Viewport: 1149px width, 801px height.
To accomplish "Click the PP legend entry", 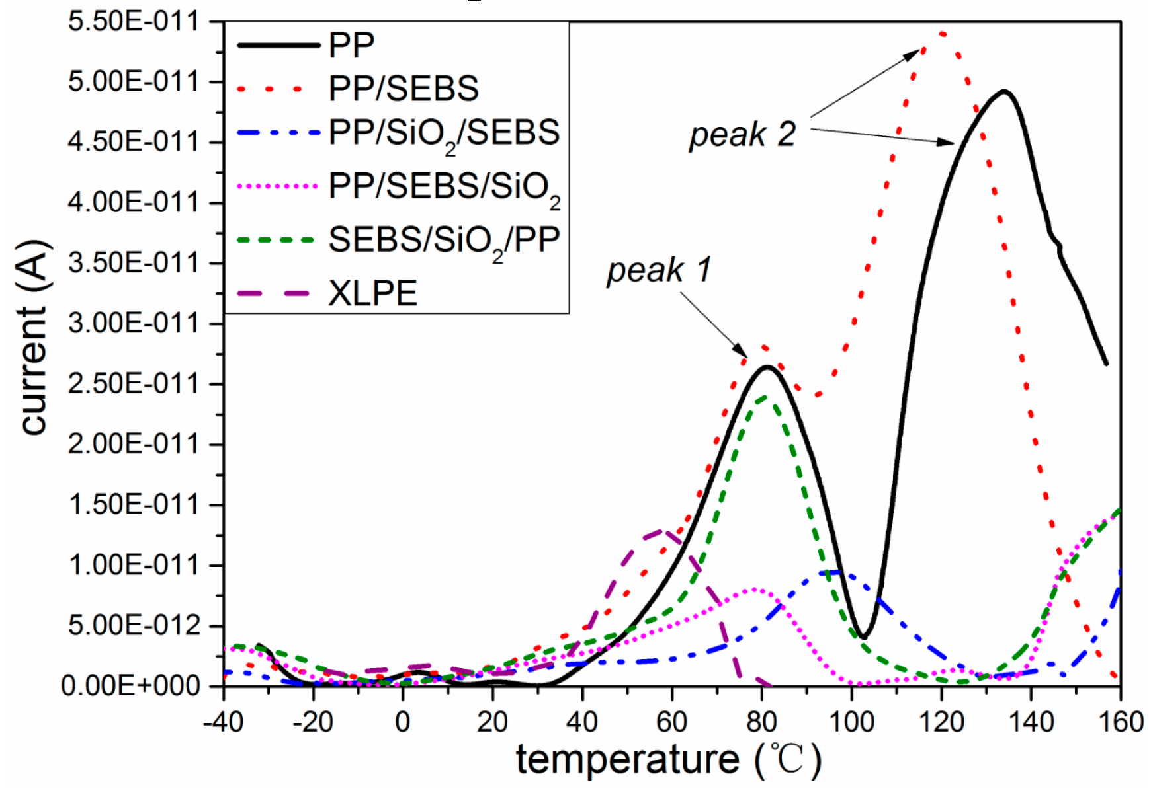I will click(x=351, y=45).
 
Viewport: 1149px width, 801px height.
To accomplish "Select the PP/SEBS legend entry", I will click(x=403, y=89).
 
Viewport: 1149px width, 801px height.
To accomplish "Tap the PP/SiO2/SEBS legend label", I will click(x=444, y=133).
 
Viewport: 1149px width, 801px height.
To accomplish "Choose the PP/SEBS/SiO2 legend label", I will click(x=444, y=186).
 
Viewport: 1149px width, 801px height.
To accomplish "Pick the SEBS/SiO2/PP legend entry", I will click(x=444, y=240).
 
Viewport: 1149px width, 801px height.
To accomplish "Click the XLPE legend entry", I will click(x=372, y=293).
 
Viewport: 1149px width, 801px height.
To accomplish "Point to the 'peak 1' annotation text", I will click(x=659, y=270).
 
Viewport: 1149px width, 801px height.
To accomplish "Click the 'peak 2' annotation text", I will click(x=742, y=135).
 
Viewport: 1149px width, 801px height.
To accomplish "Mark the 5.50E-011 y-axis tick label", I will click(x=133, y=22).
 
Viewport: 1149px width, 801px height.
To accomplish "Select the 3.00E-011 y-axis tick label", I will click(x=133, y=324).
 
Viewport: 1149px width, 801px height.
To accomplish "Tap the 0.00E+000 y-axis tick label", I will click(x=130, y=686).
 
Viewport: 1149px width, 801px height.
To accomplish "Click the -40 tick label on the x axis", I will click(x=223, y=722).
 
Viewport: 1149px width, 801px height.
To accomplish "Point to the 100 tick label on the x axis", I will click(x=851, y=722).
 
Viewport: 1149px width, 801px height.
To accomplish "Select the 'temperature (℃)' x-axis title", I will click(x=668, y=760).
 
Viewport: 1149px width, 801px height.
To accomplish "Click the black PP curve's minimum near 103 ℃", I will click(x=863, y=638).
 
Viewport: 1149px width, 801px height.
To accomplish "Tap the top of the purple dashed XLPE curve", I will click(x=660, y=530).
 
